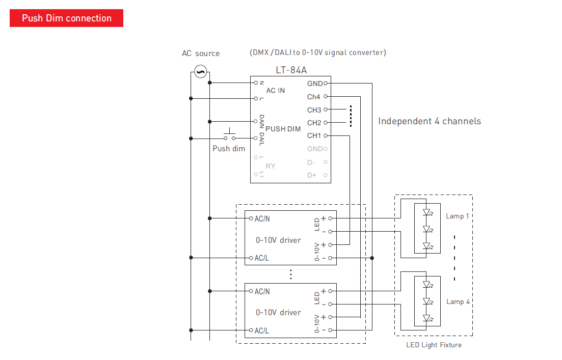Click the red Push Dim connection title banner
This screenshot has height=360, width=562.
tap(66, 18)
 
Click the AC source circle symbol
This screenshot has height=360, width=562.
tap(200, 72)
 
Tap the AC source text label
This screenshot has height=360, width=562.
tap(201, 53)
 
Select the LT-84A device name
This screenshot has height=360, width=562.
tap(291, 70)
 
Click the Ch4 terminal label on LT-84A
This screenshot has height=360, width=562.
tap(314, 97)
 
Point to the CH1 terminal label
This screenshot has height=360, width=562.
tap(314, 136)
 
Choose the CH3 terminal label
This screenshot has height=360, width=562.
tap(314, 110)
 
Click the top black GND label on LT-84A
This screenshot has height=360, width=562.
tap(314, 84)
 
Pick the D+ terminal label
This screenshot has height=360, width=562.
tap(311, 175)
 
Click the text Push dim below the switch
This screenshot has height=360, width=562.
tap(229, 149)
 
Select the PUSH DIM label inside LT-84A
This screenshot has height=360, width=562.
tap(283, 129)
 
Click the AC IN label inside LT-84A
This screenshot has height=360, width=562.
tap(276, 91)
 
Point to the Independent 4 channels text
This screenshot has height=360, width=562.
tap(430, 121)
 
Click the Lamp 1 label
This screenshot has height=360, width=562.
tap(458, 216)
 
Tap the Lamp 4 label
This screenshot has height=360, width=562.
tap(458, 302)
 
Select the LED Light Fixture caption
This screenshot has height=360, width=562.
tap(434, 345)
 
